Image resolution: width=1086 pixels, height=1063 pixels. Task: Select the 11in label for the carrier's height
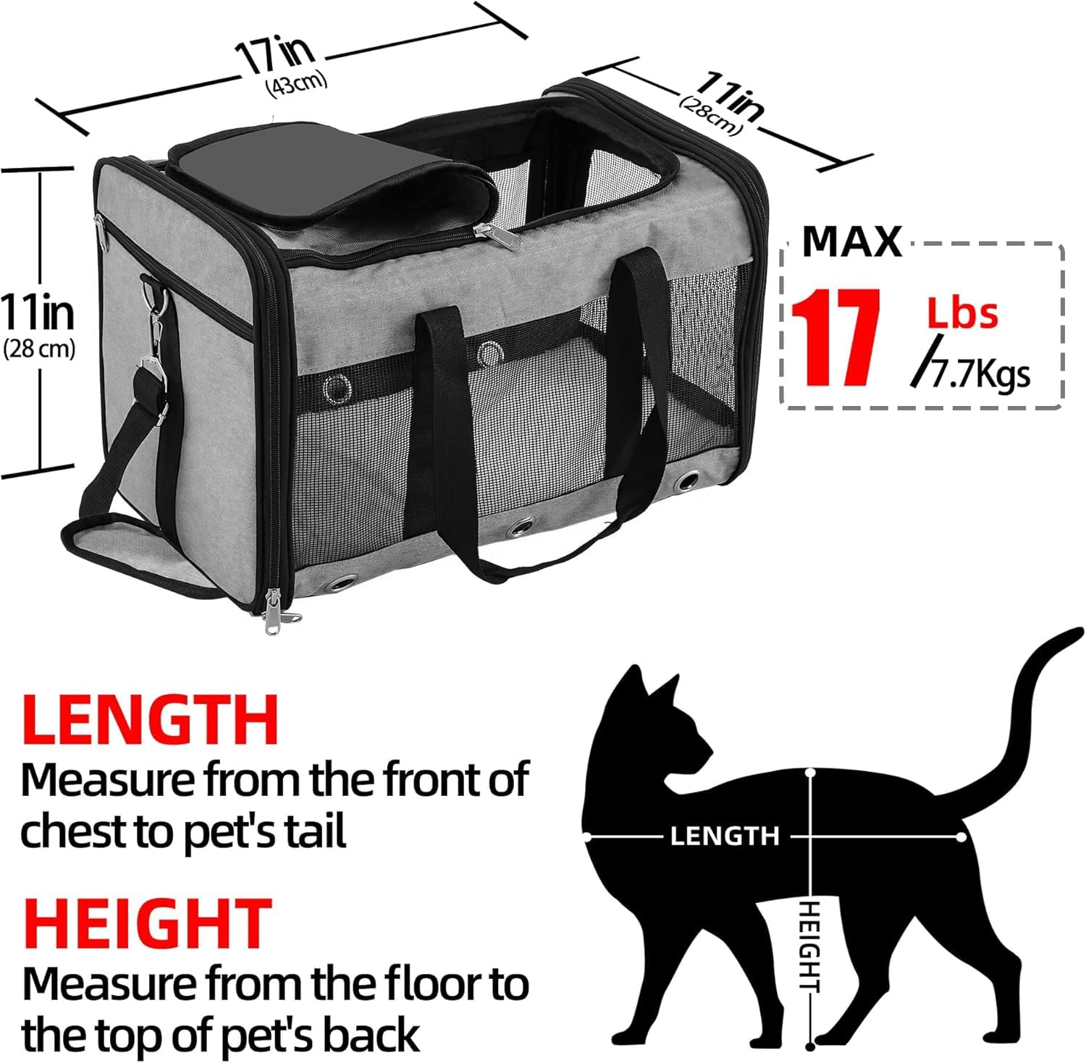38,312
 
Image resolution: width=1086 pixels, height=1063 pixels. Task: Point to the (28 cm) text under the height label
39,350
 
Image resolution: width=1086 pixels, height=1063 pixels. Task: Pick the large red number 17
835,337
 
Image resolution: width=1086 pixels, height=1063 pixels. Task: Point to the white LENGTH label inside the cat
724,837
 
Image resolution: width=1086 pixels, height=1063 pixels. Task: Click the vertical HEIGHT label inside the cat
809,948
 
